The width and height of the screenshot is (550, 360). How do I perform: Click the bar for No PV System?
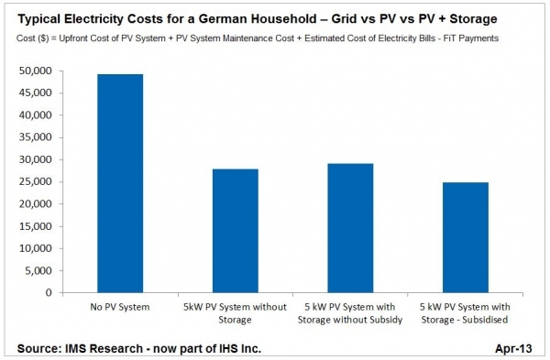click(x=120, y=183)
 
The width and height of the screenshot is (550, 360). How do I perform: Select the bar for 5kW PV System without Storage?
click(x=236, y=231)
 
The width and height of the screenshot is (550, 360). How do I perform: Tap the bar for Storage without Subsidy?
click(x=350, y=228)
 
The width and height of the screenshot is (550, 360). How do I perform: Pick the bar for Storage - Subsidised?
click(x=466, y=237)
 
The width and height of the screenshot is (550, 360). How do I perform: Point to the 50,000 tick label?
click(x=34, y=71)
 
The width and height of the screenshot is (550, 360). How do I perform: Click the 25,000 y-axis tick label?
click(x=34, y=181)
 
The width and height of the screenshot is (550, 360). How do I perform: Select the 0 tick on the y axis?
click(x=49, y=292)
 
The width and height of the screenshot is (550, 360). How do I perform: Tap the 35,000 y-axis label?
click(x=34, y=137)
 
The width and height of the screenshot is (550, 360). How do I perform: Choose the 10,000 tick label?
click(x=34, y=248)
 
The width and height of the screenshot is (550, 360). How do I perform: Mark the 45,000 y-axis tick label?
click(x=34, y=93)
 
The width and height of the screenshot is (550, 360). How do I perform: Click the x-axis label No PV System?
click(x=120, y=307)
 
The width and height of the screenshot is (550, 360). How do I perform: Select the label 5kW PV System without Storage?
click(x=235, y=313)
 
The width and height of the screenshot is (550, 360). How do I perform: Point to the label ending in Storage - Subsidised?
click(x=465, y=313)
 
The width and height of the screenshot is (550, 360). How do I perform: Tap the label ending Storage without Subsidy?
click(x=350, y=313)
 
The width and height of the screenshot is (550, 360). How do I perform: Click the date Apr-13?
click(x=513, y=348)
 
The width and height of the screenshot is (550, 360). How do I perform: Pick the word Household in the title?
click(x=289, y=19)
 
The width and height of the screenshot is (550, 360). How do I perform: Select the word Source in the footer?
click(x=39, y=348)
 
